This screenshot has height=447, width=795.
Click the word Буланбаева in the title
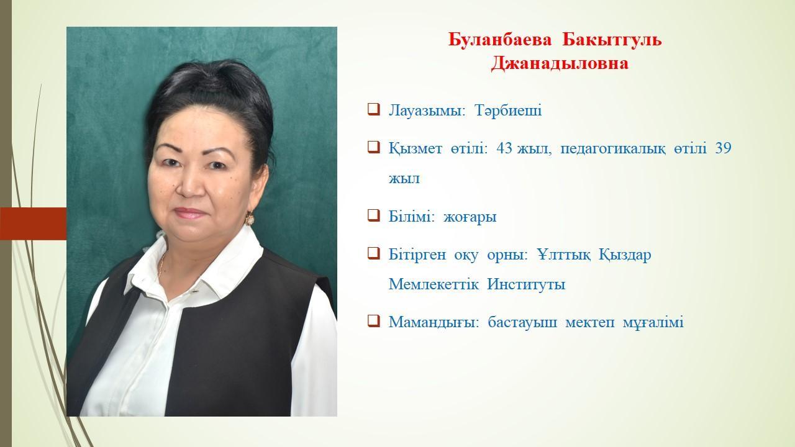pyautogui.click(x=500, y=40)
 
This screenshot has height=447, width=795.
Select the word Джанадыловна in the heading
pyautogui.click(x=560, y=64)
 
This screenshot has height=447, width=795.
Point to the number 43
pyautogui.click(x=504, y=148)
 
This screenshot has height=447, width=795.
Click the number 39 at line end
pyautogui.click(x=723, y=148)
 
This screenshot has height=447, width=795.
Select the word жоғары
pyautogui.click(x=470, y=217)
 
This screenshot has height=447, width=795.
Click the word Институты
pyautogui.click(x=526, y=284)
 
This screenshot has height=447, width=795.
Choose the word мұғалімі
pyautogui.click(x=653, y=322)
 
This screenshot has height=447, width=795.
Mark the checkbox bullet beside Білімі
pyautogui.click(x=374, y=215)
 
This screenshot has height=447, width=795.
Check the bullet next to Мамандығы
pyautogui.click(x=374, y=321)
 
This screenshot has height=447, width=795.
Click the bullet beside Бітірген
pyautogui.click(x=374, y=253)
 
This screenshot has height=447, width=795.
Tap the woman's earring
pyautogui.click(x=249, y=219)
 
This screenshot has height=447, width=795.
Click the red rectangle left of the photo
pyautogui.click(x=34, y=223)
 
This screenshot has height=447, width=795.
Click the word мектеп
pyautogui.click(x=589, y=322)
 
